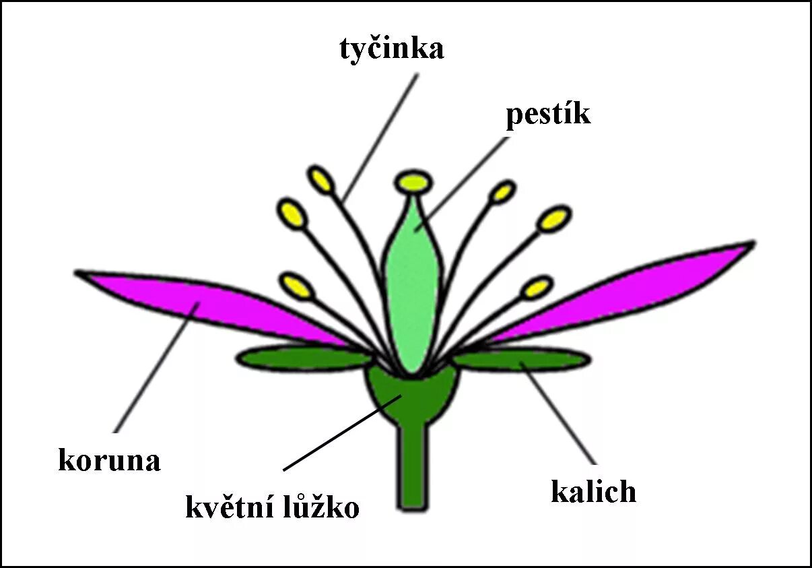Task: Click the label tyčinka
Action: (391, 49)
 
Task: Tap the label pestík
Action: (548, 115)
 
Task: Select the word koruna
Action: (109, 462)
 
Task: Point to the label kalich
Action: (593, 491)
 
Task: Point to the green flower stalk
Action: (411, 472)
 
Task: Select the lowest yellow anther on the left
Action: (297, 285)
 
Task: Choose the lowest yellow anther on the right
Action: (537, 288)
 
